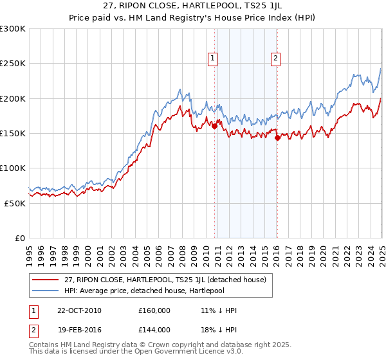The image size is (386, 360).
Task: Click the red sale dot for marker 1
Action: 215,127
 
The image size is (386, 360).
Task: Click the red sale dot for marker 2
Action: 277,138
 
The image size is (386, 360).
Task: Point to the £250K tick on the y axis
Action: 12,64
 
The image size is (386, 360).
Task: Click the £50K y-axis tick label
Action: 15,203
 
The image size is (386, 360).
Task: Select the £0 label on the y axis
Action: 19,238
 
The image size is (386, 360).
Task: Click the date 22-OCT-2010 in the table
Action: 79,310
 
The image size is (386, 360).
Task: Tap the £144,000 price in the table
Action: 154,330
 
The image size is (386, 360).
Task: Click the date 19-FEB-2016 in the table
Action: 79,330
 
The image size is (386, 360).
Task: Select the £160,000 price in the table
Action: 154,310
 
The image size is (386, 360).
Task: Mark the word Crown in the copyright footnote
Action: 164,345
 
